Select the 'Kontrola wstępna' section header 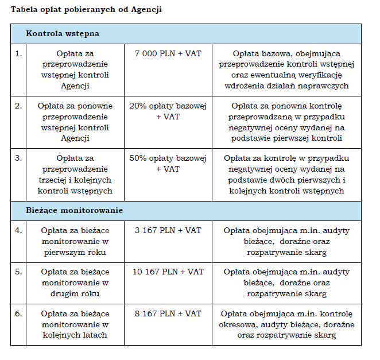[x=63, y=33]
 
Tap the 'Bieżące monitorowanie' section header [x=74, y=211]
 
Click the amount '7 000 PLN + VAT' [x=168, y=53]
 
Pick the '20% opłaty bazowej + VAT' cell [x=168, y=111]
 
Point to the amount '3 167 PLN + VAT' [x=168, y=230]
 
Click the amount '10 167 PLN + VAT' [x=168, y=272]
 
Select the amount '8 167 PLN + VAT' [x=168, y=313]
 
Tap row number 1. [x=18, y=53]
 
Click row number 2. [x=18, y=106]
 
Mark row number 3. [x=18, y=158]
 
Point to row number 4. [x=18, y=230]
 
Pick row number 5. [x=18, y=272]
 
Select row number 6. [x=18, y=313]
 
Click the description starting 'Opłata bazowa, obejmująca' [x=286, y=69]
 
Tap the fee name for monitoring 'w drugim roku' [x=75, y=282]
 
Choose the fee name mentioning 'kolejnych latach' [x=75, y=324]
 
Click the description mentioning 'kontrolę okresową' [x=286, y=324]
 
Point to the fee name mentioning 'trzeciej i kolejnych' [x=75, y=175]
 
